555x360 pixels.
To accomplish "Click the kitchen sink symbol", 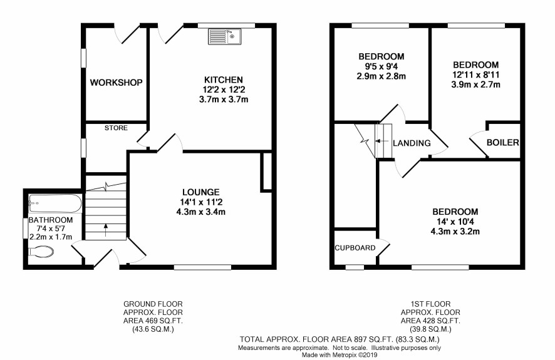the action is (224, 36).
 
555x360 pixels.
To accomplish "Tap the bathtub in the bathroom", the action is (55, 203).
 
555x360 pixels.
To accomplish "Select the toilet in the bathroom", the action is (41, 252).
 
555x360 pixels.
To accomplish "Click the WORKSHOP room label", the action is (116, 83).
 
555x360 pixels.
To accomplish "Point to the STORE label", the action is (116, 128).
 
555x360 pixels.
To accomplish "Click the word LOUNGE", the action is (201, 192).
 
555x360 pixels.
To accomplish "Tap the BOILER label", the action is (502, 142).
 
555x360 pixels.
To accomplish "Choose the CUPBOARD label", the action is (355, 248).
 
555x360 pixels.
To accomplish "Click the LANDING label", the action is (412, 143).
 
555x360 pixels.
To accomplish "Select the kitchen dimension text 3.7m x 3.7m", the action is (224, 100).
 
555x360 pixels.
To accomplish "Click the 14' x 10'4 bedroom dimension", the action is (455, 222).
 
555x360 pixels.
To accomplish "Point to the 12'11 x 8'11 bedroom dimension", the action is (476, 75).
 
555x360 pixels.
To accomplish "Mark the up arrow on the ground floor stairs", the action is (105, 230).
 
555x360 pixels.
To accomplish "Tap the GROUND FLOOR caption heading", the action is (153, 304).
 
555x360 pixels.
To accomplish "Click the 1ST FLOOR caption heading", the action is (430, 304).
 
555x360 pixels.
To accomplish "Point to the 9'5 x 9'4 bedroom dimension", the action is (381, 66).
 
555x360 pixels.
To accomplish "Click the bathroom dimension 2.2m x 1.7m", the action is (51, 237).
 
